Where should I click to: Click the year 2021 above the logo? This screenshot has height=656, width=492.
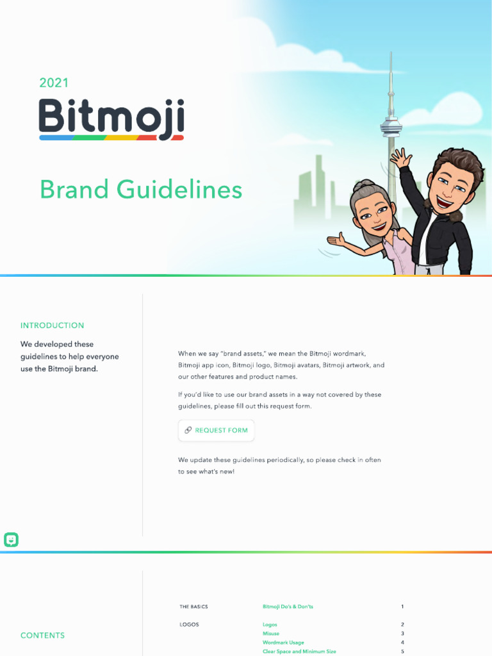[x=54, y=83]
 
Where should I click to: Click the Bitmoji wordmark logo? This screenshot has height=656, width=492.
[x=111, y=119]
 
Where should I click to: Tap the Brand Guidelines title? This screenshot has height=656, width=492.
[x=141, y=190]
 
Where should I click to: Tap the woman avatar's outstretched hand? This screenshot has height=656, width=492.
[x=336, y=242]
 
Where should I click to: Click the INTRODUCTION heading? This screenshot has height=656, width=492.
[x=52, y=325]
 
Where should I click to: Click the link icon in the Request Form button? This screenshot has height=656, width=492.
[x=188, y=430]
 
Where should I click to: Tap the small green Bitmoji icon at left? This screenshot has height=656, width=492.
[x=11, y=540]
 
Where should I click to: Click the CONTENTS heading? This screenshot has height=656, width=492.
[x=42, y=635]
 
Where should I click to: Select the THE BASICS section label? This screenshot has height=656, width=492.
[x=193, y=607]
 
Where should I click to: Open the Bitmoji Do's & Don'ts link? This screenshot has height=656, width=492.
[x=288, y=607]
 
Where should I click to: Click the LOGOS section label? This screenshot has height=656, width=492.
[x=189, y=625]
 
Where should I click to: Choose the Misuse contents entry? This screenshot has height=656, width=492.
[x=271, y=634]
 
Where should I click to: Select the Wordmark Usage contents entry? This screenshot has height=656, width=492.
[x=283, y=643]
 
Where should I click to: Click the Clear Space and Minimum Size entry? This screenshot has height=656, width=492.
[x=299, y=652]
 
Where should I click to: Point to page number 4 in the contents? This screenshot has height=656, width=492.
[x=402, y=643]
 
